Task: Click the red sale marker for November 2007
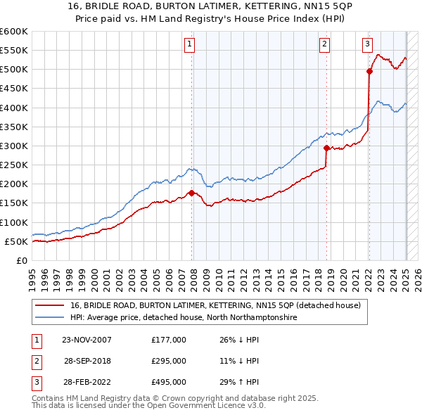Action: coord(192,193)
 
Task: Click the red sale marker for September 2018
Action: coord(326,148)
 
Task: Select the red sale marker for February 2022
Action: coord(369,71)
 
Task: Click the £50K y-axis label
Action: coord(16,241)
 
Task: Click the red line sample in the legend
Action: coord(51,305)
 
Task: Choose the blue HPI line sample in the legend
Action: coord(51,318)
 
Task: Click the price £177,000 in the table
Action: coord(169,340)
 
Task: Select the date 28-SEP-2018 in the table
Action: coord(87,361)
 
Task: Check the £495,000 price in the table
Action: coord(169,382)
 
